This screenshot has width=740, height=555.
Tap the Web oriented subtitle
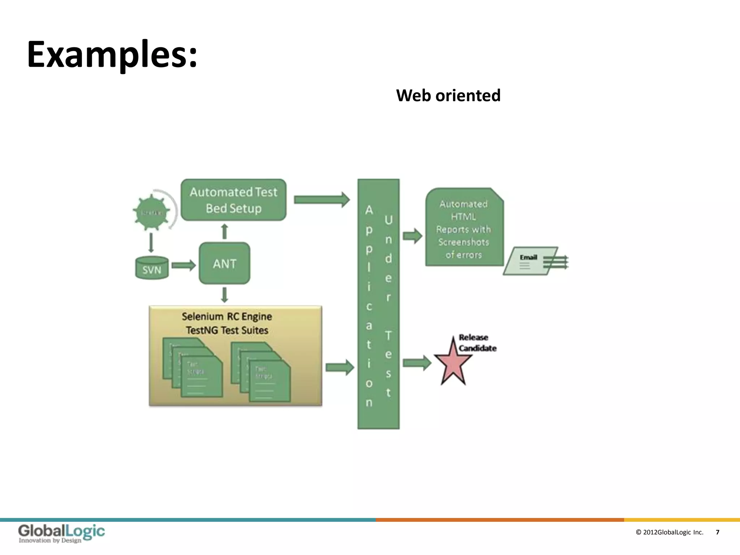pyautogui.click(x=448, y=96)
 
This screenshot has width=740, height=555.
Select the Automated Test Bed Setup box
pyautogui.click(x=233, y=200)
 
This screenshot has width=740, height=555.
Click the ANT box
pyautogui.click(x=224, y=263)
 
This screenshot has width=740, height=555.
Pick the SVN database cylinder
pyautogui.click(x=152, y=268)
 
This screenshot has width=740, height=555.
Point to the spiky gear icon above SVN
pyautogui.click(x=151, y=212)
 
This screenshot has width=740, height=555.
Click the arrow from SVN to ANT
pyautogui.click(x=184, y=266)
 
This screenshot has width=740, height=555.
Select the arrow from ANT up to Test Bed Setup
pyautogui.click(x=224, y=231)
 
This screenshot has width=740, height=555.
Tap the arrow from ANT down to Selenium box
pyautogui.click(x=224, y=295)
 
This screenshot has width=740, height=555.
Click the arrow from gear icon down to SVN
pyautogui.click(x=151, y=243)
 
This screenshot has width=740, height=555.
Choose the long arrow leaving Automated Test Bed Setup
pyautogui.click(x=322, y=199)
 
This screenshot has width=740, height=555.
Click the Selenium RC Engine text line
pyautogui.click(x=227, y=317)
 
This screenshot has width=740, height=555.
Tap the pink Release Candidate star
pyautogui.click(x=453, y=363)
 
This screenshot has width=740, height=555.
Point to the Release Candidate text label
pyautogui.click(x=477, y=343)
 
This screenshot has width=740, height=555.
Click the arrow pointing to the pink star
pyautogui.click(x=417, y=363)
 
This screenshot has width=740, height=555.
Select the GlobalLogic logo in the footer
pyautogui.click(x=61, y=533)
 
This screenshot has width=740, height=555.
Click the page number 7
pyautogui.click(x=717, y=532)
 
